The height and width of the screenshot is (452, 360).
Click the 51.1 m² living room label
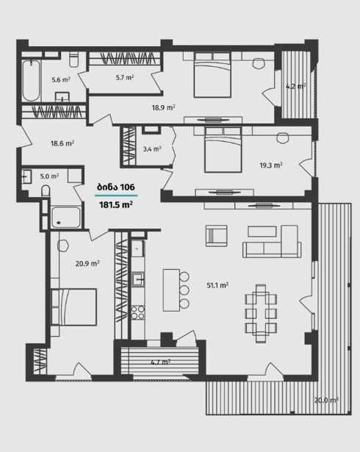pyautogui.click(x=217, y=285)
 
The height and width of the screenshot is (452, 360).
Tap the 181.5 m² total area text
pyautogui.click(x=116, y=204)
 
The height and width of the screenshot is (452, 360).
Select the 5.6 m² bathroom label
pyautogui.click(x=61, y=79)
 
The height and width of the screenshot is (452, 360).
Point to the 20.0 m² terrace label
pyautogui.click(x=326, y=400)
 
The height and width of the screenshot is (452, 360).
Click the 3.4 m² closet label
pyautogui.click(x=152, y=149)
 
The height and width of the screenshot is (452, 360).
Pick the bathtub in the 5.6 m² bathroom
pyautogui.click(x=31, y=80)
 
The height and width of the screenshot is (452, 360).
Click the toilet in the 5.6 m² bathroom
pyautogui.click(x=73, y=59)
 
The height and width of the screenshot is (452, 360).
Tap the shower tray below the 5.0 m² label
pyautogui.click(x=66, y=217)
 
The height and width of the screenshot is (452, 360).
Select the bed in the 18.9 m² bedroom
pyautogui.click(x=212, y=75)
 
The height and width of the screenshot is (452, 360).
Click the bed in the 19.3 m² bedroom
pyautogui.click(x=223, y=150)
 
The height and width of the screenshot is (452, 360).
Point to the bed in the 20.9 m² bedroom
pyautogui.click(x=73, y=307)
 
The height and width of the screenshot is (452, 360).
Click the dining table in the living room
pyautogui.click(x=261, y=313)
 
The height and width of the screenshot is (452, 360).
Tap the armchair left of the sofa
pyautogui.click(x=216, y=236)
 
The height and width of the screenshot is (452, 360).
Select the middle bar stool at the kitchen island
pyautogui.click(x=184, y=290)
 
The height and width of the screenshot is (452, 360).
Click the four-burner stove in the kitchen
pyautogui.click(x=138, y=312)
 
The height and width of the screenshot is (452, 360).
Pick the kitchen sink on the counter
pyautogui.click(x=138, y=279)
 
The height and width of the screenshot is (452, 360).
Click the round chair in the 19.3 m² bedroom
pyautogui.click(x=282, y=137)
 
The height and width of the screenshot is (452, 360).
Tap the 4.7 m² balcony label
pyautogui.click(x=160, y=362)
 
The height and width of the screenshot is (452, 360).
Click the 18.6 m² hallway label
pyautogui.click(x=62, y=143)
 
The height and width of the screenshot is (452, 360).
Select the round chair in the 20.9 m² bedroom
pyautogui.click(x=63, y=245)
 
